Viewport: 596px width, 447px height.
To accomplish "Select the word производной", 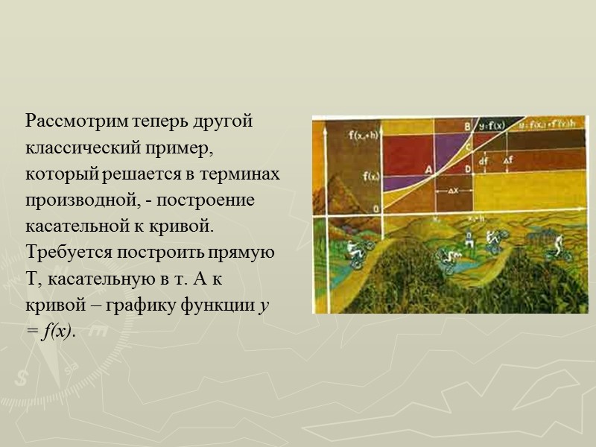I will [76, 201].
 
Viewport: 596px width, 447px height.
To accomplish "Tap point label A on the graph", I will [429, 169].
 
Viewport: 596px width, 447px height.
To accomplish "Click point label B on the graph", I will [467, 127].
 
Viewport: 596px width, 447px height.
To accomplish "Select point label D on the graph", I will [467, 171].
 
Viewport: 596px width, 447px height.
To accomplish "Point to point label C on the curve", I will [468, 147].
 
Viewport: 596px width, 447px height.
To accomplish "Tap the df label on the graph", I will [484, 160].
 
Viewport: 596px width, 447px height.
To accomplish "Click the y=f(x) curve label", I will [492, 126].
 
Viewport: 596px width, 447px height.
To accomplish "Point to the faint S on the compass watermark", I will [22, 378].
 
